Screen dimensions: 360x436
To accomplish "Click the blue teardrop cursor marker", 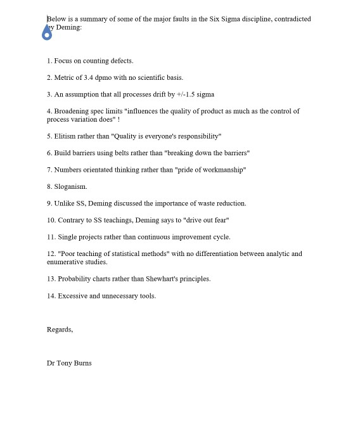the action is [x=47, y=33].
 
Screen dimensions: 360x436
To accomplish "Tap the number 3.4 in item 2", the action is [x=89, y=78].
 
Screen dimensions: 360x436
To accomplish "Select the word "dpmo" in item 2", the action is [x=104, y=78].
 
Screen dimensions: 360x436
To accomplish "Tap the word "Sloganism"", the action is [x=70, y=187].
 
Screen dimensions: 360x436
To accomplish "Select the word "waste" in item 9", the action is [x=198, y=203].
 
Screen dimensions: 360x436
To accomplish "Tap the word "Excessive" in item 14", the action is [x=72, y=296].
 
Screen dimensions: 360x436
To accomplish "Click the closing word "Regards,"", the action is [x=60, y=330].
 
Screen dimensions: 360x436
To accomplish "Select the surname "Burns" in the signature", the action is [x=83, y=363].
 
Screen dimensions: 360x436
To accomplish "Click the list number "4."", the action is [x=49, y=112].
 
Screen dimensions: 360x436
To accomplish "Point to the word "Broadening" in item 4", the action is [x=72, y=112].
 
